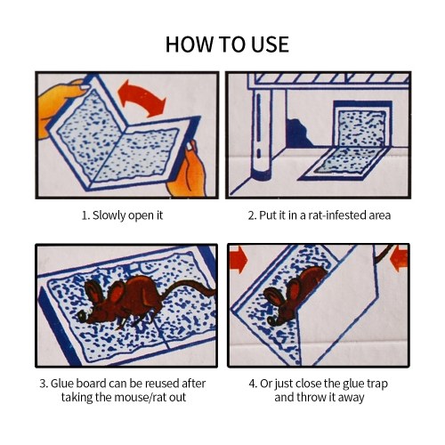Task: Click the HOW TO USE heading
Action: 227,44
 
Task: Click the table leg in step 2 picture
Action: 261,133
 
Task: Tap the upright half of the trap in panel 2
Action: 362,124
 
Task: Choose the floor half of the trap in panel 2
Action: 345,164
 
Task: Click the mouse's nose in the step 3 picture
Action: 82,317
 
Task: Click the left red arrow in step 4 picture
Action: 239,260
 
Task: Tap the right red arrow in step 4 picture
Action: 400,257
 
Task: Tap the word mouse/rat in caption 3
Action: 138,397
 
